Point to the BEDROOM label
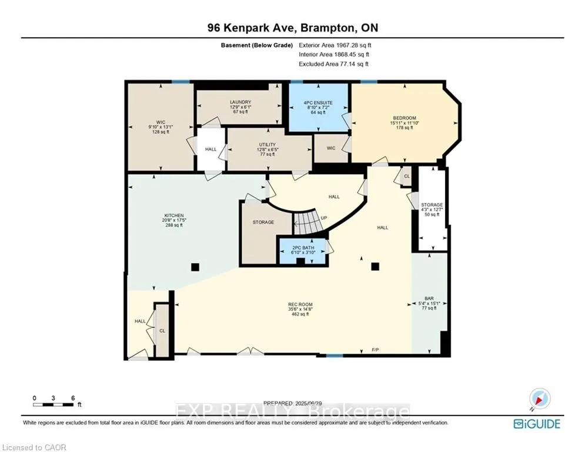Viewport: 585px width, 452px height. tap(405, 123)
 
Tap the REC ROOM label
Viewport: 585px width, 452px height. tap(299, 310)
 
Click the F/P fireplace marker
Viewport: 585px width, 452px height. tap(375, 351)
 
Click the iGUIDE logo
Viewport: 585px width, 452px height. tap(536, 424)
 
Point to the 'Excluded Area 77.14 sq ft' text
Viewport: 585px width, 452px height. tap(335, 64)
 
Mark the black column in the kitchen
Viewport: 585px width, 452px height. tap(195, 267)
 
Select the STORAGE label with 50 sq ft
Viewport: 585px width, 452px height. tap(432, 210)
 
